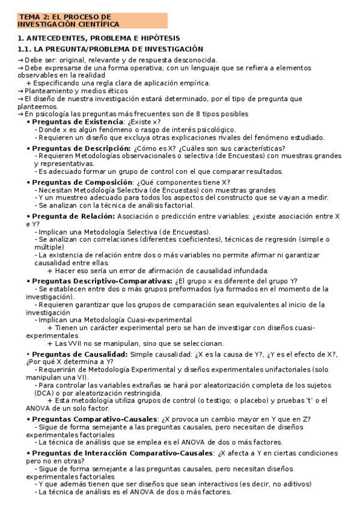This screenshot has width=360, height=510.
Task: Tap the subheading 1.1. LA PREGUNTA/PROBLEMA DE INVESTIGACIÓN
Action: coord(111,49)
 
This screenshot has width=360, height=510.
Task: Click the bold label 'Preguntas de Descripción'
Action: coord(81,149)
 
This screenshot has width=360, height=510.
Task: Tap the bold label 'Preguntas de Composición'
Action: coord(82,182)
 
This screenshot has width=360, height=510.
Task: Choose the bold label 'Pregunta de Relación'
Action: coord(73,216)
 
